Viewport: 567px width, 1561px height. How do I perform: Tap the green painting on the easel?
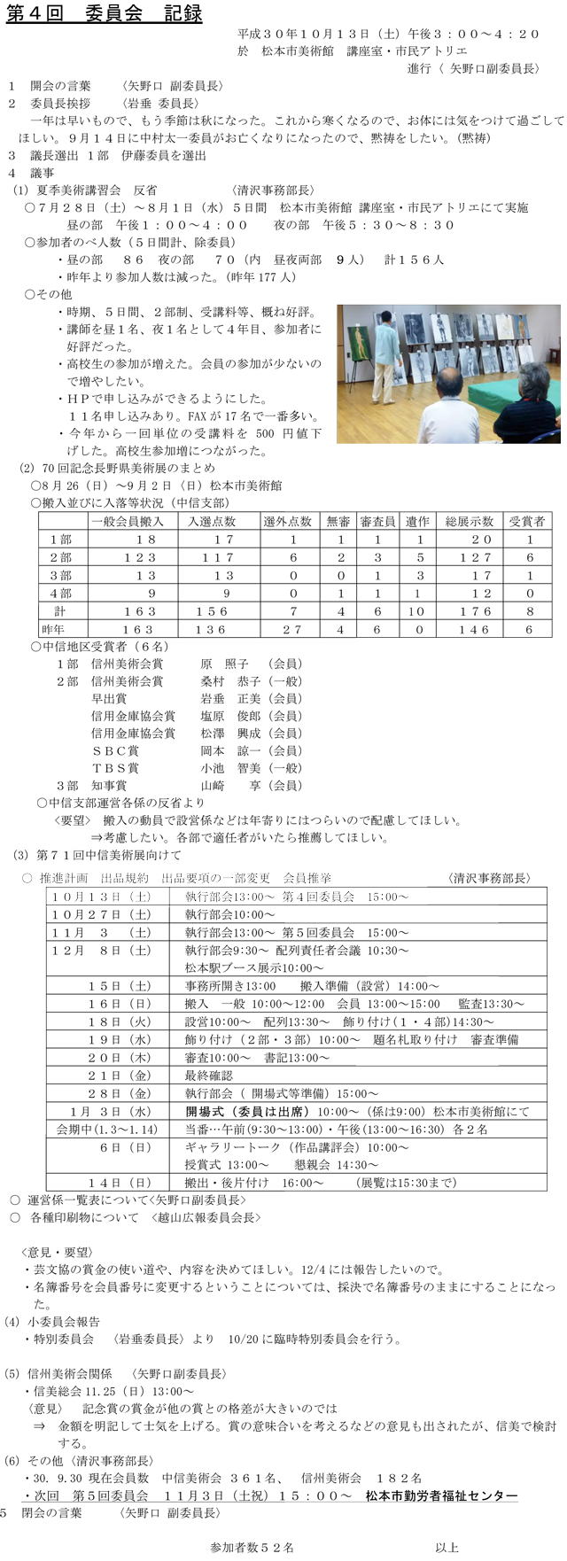pyautogui.click(x=360, y=342)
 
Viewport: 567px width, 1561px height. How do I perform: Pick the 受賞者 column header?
pyautogui.click(x=529, y=521)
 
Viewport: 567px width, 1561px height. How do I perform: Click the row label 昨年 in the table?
pyautogui.click(x=60, y=629)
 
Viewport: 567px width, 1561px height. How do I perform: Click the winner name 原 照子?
pyautogui.click(x=224, y=664)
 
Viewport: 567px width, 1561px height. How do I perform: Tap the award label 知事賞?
pyautogui.click(x=109, y=785)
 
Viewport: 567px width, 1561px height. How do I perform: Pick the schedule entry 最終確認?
pyautogui.click(x=209, y=1076)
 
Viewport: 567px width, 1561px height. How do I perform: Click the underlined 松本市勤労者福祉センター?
pyautogui.click(x=441, y=1495)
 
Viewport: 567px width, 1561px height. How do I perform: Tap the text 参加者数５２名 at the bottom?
pyautogui.click(x=252, y=1547)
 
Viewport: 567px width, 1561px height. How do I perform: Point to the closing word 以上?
pyautogui.click(x=447, y=1547)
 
